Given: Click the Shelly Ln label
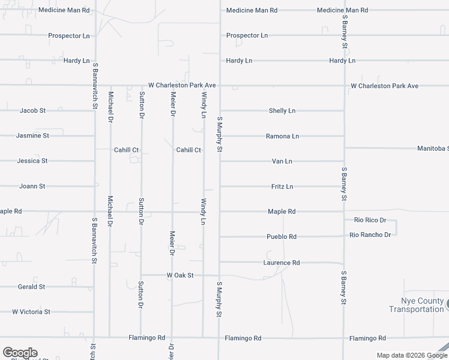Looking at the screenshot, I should [x=282, y=111].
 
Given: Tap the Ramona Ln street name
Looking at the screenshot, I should [x=282, y=136].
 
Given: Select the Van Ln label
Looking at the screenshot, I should [x=282, y=161].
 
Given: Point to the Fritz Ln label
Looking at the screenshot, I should [x=282, y=187].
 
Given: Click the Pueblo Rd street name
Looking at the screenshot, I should [x=282, y=237].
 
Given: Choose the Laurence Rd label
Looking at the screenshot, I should [x=282, y=263].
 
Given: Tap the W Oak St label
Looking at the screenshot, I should [x=180, y=275].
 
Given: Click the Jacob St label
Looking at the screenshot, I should [x=33, y=111].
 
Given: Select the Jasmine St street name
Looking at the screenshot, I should [x=33, y=136].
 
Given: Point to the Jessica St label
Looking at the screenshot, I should [x=32, y=161].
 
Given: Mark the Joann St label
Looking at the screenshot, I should [x=32, y=187].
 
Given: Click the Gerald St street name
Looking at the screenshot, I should [x=31, y=287].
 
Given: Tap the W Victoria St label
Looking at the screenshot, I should [x=31, y=312].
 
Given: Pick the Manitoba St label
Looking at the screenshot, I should [x=433, y=148].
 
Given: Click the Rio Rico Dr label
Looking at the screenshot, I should [x=370, y=221].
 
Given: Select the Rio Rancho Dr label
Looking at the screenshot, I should [x=370, y=235].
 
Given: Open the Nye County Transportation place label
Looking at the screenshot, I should [x=416, y=305].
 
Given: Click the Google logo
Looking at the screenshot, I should [x=20, y=353].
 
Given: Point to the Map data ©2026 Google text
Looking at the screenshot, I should [x=411, y=355].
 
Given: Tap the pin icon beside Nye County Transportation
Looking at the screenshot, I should [x=447, y=304].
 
